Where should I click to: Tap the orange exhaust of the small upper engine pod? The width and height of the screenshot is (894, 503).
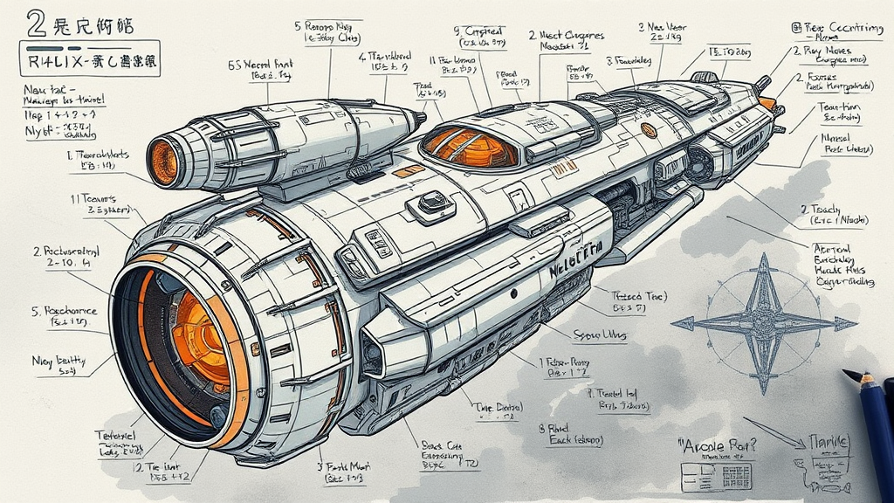[x=163, y=162]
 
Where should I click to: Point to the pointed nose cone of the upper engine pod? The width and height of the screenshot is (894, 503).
[x=420, y=115]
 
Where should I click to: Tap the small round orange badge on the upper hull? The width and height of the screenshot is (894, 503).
[x=649, y=129]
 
